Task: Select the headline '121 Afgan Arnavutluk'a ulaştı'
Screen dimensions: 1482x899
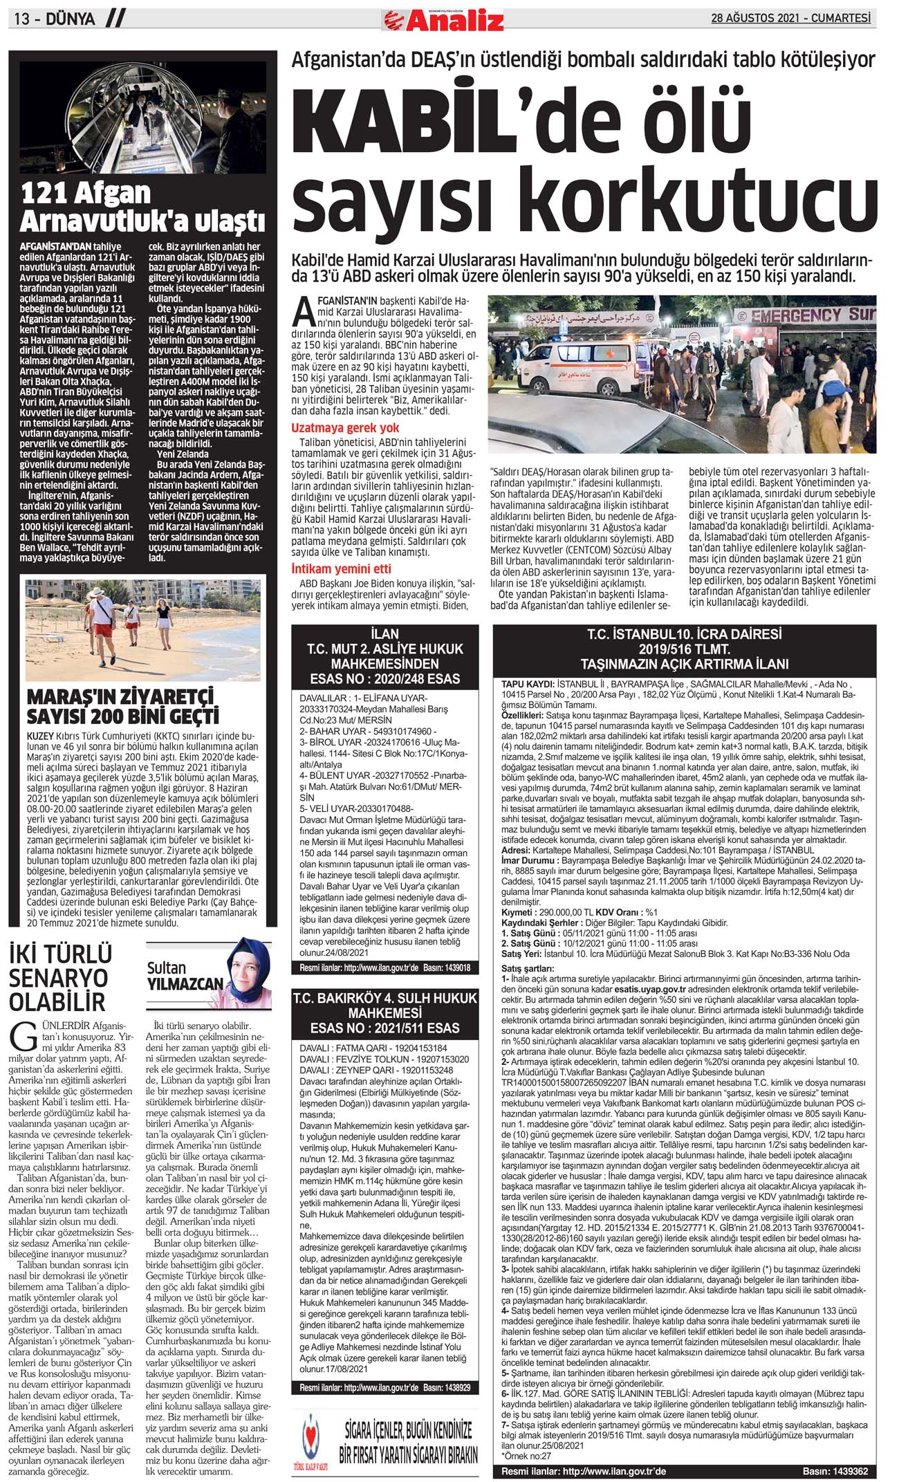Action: point(142,207)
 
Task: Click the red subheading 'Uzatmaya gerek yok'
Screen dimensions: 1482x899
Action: point(345,428)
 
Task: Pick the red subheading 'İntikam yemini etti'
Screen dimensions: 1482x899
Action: point(341,568)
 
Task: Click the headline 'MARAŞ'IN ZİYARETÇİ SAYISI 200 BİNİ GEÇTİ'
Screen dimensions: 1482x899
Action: point(122,705)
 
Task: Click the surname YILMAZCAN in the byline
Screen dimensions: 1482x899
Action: point(185,983)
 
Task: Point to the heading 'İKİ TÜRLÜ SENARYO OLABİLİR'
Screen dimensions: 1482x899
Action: point(59,978)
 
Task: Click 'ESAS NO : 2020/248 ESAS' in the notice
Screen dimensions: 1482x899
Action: point(384,678)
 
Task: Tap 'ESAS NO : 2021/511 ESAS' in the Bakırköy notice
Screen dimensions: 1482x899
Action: point(384,1028)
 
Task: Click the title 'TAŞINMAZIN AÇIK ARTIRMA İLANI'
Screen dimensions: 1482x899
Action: point(684,665)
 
